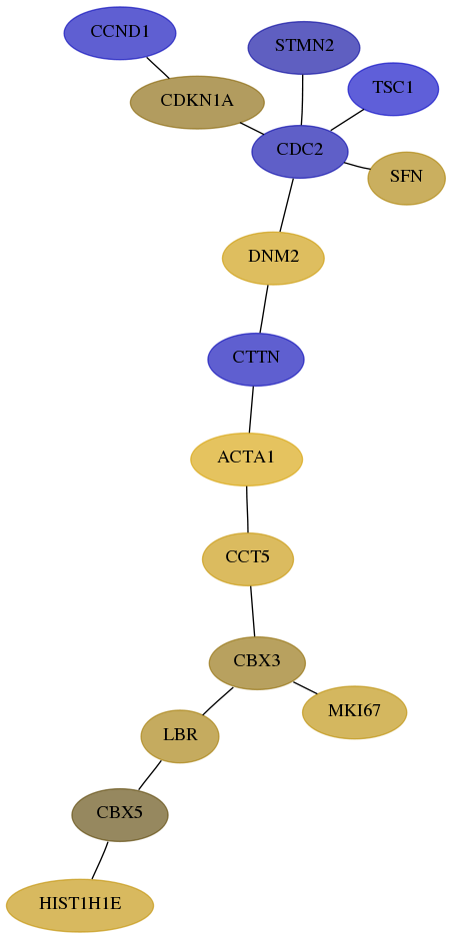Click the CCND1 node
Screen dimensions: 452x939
tap(120, 33)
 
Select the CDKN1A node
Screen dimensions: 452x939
tap(197, 103)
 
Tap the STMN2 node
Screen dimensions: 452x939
tap(304, 47)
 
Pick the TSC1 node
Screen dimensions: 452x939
tap(393, 89)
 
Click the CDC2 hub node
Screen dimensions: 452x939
tap(300, 151)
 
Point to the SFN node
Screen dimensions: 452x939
tap(406, 178)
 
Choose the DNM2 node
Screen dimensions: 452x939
tap(273, 258)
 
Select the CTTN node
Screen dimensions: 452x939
tap(256, 359)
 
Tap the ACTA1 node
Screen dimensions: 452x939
tap(246, 459)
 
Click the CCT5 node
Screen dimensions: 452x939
tap(248, 558)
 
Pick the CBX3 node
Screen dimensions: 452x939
tap(257, 663)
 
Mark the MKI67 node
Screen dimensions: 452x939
tap(354, 712)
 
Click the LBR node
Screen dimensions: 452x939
tap(180, 736)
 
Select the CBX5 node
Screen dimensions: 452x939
tap(120, 814)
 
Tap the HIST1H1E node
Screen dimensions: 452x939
tap(80, 905)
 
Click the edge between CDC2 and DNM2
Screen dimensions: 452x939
tap(287, 205)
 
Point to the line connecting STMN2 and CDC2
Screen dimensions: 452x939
tap(302, 100)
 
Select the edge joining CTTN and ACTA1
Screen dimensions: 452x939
tap(251, 409)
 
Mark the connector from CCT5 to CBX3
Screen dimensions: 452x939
tap(252, 610)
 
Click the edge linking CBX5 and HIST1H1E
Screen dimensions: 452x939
tap(100, 860)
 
